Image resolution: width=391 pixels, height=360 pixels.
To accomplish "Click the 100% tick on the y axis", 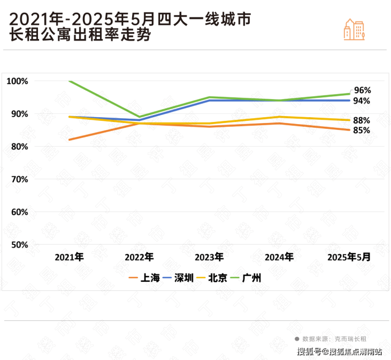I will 17,81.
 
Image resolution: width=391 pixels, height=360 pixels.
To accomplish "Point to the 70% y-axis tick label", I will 17,179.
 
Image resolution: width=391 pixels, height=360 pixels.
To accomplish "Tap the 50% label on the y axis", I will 17,245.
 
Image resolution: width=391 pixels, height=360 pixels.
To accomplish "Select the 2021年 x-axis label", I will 69,257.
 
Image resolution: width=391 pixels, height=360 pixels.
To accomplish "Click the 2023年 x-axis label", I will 209,257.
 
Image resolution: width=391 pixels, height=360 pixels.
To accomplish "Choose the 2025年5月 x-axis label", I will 349,257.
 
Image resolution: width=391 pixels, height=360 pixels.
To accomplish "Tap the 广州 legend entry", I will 247,278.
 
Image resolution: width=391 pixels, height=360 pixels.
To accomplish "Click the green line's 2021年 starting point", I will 69,81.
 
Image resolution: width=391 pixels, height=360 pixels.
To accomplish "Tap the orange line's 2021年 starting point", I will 69,140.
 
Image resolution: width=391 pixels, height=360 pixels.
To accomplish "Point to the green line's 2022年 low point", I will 139,117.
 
